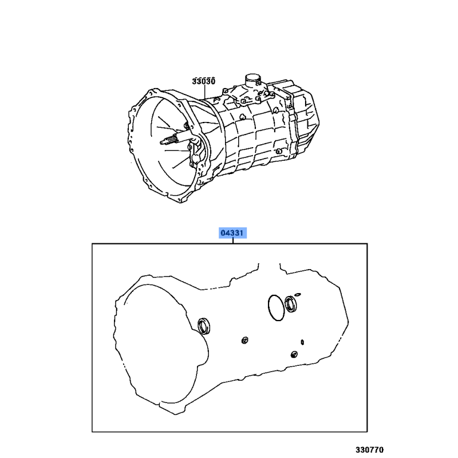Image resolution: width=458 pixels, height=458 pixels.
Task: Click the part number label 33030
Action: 204,81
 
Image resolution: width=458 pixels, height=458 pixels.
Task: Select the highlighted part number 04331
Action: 232,233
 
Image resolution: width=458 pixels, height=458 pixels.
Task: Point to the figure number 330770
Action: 369,449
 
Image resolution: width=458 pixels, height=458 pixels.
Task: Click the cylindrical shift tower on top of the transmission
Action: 252,80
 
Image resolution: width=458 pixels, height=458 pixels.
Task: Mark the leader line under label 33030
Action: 204,92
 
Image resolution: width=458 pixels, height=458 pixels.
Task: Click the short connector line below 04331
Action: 233,240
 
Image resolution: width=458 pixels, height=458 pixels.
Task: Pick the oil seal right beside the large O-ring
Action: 291,304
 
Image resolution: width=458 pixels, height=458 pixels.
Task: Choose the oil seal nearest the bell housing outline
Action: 204,326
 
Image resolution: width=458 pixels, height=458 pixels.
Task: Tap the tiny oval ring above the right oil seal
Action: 298,294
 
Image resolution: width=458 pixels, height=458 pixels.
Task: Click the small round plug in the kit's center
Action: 245,340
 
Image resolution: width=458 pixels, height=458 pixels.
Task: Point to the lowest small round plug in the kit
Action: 294,354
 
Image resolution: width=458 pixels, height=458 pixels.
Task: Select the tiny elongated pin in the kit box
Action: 302,342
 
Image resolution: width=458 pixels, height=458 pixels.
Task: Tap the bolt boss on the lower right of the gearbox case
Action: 279,151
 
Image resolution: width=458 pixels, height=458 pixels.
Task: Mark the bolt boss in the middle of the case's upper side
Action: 242,117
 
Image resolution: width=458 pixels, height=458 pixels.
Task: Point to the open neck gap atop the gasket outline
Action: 269,265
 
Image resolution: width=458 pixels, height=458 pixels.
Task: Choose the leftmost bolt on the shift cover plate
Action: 224,91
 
